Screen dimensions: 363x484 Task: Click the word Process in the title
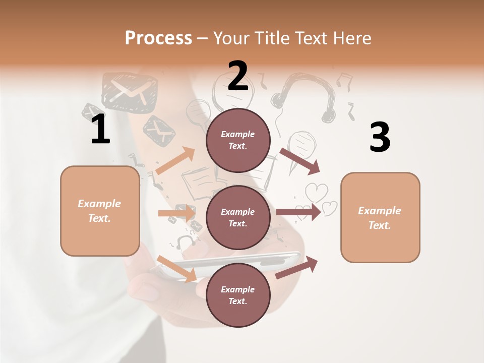point(158,38)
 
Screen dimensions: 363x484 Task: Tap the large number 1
point(100,130)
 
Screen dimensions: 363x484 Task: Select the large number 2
point(238,76)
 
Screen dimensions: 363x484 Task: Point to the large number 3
point(380,138)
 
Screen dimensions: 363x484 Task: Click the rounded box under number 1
point(100,211)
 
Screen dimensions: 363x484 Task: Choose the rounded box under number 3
point(380,218)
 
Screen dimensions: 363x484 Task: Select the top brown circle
point(238,140)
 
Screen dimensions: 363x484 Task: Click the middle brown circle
point(238,218)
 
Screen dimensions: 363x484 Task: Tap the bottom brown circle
point(238,295)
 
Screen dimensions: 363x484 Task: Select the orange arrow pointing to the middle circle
point(177,213)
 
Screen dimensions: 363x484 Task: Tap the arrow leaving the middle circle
point(298,212)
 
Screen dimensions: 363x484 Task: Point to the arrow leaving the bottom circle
point(297,267)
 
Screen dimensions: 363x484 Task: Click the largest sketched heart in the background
point(317,192)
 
